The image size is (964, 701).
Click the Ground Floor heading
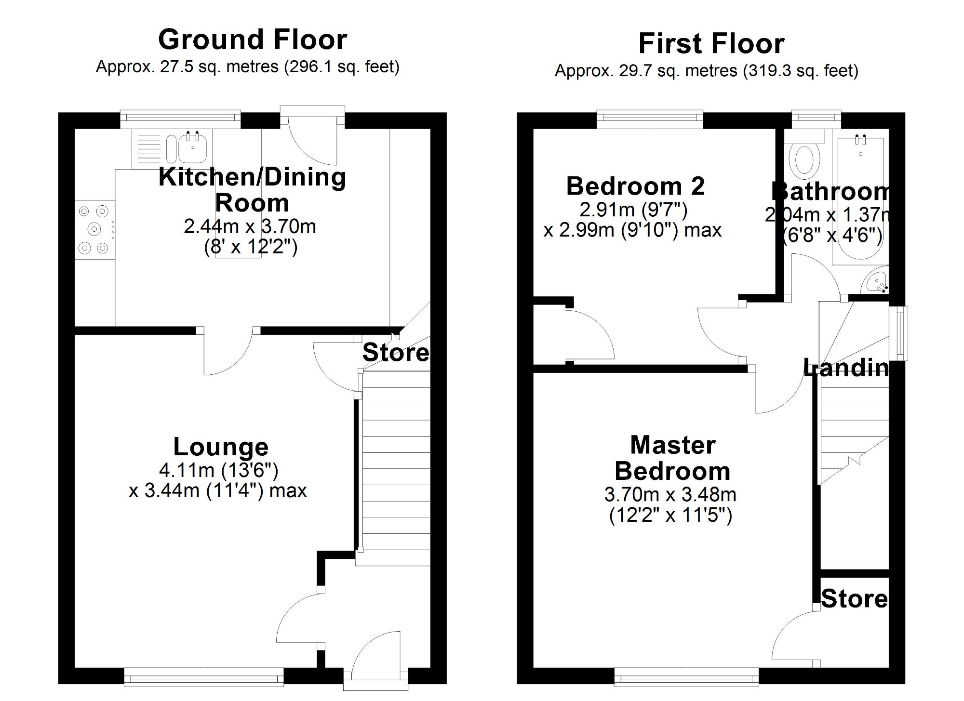252,40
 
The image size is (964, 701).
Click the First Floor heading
711,44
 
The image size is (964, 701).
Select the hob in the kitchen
94,229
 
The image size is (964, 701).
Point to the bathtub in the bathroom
860,198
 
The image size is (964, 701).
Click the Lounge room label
221,447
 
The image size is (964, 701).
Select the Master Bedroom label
672,458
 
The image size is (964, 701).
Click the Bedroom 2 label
635,186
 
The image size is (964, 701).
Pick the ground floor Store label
395,353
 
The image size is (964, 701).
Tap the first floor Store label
854,599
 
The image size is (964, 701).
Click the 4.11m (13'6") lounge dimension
218,470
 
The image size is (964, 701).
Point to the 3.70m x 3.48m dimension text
670,494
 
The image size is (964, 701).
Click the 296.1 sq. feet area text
341,66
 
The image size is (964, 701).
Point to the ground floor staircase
396,463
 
